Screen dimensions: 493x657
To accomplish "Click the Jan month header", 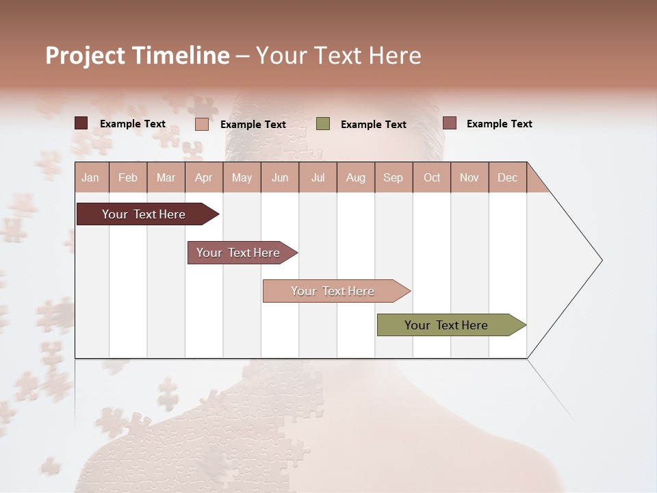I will coord(91,177).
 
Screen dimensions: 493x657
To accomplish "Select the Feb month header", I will coord(128,177).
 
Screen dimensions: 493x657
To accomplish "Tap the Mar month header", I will coord(166,177).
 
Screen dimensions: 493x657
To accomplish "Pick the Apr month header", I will coord(204,177).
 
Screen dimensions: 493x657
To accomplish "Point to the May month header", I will coord(242,177).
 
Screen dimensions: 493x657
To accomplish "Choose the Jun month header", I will coord(280,177).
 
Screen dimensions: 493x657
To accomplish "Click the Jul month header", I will coord(318,177).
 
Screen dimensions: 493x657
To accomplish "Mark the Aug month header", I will coord(356,177).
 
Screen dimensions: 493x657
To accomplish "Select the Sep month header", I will coord(394,177).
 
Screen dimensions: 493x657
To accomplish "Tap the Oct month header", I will coord(432,177).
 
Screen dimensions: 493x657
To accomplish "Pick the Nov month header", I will coord(469,177).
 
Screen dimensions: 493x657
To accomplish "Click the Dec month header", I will coord(508,177).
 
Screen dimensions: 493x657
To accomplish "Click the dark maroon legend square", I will coord(81,123).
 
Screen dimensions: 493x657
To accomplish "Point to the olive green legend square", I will coord(323,124).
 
